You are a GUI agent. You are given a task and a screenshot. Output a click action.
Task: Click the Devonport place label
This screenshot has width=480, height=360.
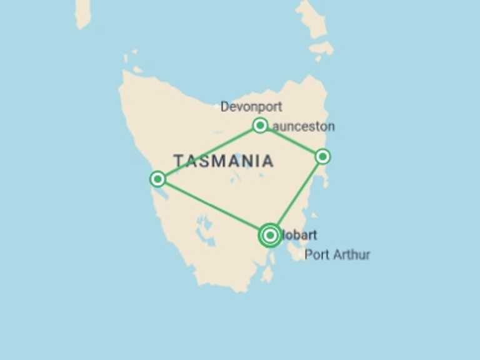pos(251,107)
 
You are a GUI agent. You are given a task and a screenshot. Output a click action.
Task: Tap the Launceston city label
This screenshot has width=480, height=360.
pos(304,126)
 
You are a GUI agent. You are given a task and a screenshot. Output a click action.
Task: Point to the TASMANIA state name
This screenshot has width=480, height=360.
pos(223,161)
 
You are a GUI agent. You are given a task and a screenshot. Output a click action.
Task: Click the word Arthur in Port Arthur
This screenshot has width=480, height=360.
pos(350,254)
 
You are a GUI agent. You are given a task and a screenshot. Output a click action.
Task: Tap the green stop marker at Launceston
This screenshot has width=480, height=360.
pos(260,126)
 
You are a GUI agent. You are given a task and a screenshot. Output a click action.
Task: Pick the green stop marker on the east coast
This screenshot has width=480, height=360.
pos(322,156)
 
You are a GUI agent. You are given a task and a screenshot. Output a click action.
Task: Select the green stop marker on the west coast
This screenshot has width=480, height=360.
pos(158,179)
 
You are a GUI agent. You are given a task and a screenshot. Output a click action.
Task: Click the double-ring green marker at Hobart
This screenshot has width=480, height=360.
pos(270,236)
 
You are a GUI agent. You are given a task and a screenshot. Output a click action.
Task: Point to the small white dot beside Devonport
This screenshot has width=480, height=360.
pos(217,107)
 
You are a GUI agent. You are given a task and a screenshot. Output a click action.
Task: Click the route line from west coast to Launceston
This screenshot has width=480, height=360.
pos(209,152)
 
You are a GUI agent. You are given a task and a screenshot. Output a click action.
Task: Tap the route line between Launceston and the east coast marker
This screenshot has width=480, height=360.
pos(291,141)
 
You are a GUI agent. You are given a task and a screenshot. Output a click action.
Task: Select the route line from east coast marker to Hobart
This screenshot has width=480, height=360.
pos(297,195)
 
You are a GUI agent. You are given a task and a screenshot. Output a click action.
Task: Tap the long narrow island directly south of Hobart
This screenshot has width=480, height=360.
pos(268,274)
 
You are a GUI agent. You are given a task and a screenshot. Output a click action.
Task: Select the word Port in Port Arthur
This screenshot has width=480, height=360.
pos(315,254)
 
